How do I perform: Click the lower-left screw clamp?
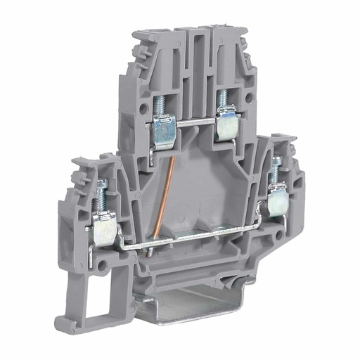click(104, 231)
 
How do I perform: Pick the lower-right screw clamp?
click(276, 202)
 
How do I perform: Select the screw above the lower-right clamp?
click(276, 169)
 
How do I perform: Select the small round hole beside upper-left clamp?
click(139, 111)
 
